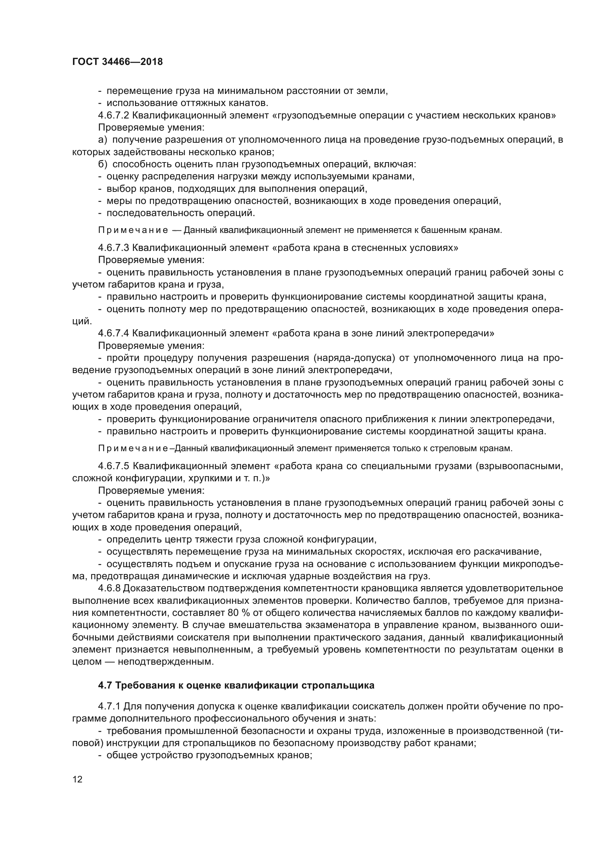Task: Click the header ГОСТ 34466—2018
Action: [117, 62]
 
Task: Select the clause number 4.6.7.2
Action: [114, 116]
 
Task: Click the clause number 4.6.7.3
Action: [114, 248]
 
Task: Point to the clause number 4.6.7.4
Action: [114, 333]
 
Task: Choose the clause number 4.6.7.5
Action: [114, 466]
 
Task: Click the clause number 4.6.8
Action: [109, 588]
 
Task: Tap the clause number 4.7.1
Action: [109, 706]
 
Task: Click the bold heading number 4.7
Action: [105, 685]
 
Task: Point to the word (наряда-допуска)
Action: [355, 358]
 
